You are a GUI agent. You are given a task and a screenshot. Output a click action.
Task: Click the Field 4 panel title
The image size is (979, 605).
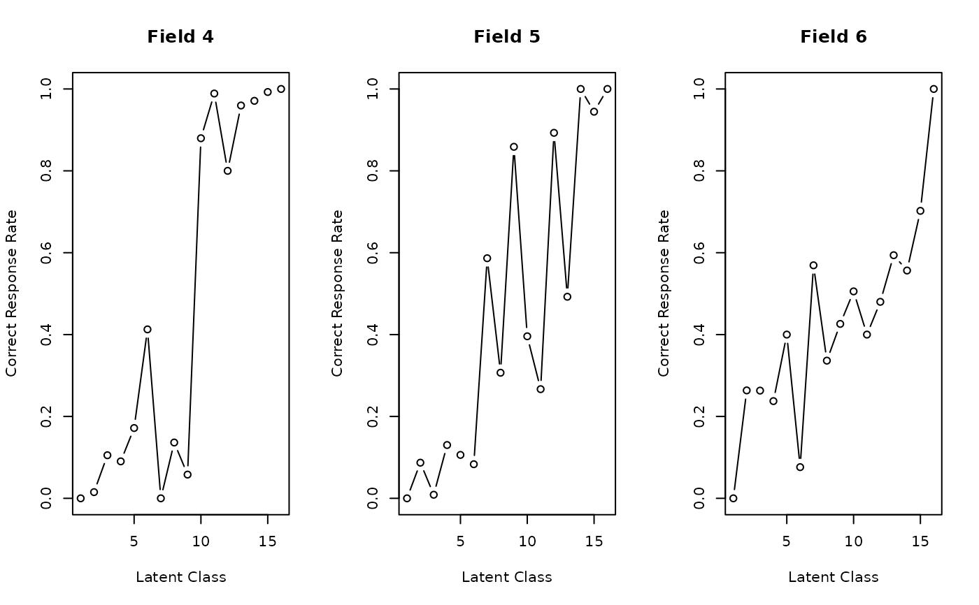point(180,37)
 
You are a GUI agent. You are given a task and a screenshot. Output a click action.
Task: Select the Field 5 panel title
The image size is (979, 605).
point(507,37)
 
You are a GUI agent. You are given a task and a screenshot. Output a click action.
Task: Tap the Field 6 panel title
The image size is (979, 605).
point(834,37)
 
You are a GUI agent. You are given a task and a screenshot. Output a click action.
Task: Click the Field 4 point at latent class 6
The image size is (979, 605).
point(148,329)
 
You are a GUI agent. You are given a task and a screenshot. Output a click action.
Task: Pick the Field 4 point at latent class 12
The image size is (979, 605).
point(227,170)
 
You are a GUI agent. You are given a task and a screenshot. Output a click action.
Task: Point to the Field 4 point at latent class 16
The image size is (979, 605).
point(281,89)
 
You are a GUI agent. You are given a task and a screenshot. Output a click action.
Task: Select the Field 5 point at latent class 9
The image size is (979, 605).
point(514,147)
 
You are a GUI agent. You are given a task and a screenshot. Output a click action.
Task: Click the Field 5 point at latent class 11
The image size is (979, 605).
point(541,389)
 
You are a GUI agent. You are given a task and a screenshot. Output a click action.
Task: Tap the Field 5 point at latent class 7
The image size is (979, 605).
point(487,258)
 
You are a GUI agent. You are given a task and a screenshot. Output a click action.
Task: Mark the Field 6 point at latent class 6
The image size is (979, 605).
point(800,467)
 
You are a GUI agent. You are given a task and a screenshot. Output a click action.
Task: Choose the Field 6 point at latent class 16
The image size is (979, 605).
point(934,89)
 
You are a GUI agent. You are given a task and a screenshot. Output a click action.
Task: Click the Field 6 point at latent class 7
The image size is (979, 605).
point(813,265)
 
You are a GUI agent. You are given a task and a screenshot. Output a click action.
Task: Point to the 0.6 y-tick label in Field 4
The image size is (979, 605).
point(47,252)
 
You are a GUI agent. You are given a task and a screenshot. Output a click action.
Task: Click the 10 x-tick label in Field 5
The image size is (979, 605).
point(527,541)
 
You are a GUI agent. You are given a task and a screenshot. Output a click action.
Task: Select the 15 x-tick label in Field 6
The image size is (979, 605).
point(920,541)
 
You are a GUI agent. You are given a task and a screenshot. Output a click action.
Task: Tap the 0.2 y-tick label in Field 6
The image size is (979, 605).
point(700,416)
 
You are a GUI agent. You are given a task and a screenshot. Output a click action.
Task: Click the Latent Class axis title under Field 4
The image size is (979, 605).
point(180,577)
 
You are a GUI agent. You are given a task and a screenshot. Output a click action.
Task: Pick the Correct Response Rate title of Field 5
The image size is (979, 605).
point(338,293)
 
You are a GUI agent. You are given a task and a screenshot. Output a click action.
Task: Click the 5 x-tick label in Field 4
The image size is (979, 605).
point(134,541)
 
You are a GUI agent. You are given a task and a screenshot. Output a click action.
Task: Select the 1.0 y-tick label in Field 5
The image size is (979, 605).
point(373,89)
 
